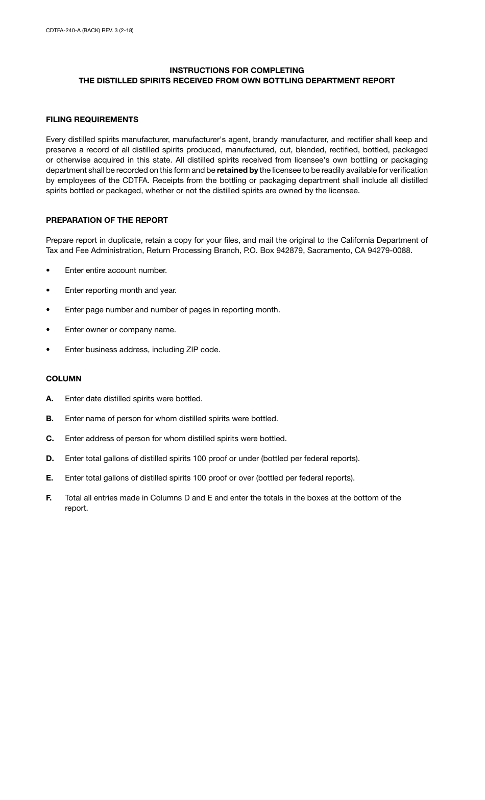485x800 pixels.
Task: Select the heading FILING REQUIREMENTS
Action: pos(92,120)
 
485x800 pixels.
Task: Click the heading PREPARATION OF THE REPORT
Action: pos(107,220)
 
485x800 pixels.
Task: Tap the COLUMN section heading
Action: pos(63,379)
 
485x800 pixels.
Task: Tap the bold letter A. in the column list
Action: pos(50,399)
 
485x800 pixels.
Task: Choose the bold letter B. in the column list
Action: pos(50,419)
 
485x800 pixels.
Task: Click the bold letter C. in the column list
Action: pos(50,439)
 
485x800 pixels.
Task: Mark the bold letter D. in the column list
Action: pos(50,459)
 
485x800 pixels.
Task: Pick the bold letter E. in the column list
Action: pos(50,478)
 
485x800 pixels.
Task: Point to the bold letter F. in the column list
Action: pos(49,498)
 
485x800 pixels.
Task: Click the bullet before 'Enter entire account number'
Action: pos(48,271)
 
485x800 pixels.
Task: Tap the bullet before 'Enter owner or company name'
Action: pos(48,330)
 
